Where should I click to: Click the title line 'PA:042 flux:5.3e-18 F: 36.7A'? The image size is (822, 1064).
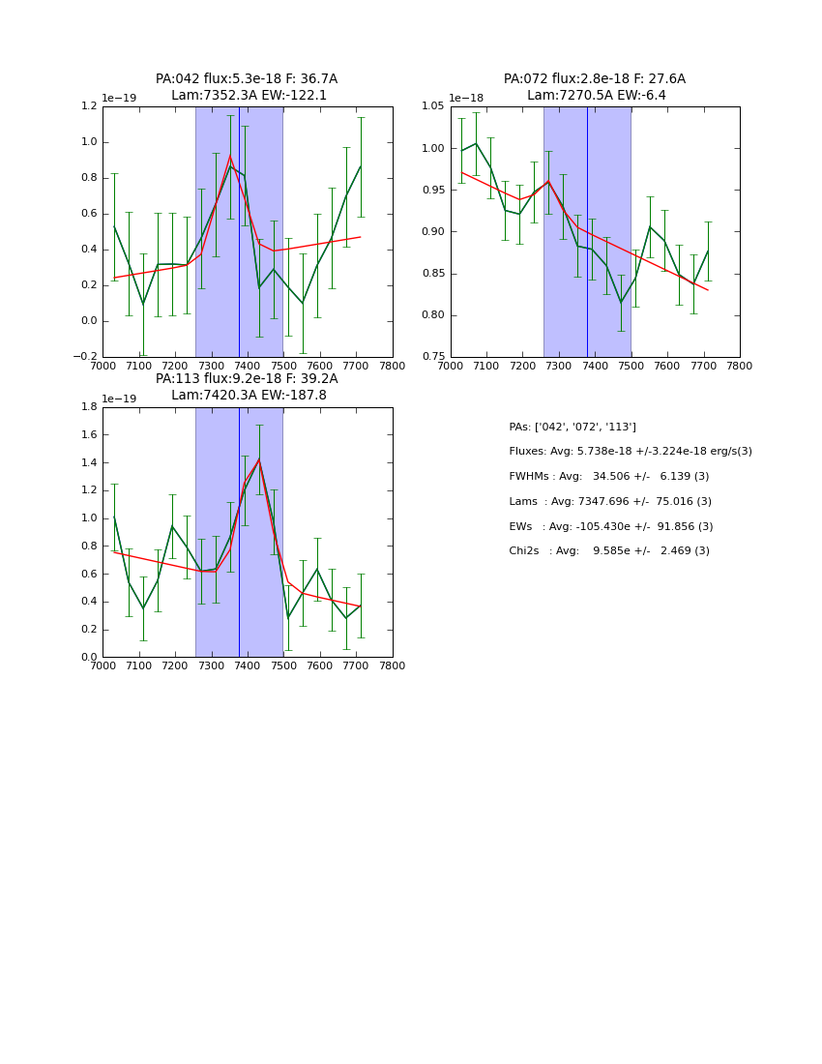point(247,79)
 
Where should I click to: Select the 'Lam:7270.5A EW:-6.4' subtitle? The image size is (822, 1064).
point(596,96)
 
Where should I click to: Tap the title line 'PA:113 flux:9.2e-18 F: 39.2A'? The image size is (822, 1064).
point(247,379)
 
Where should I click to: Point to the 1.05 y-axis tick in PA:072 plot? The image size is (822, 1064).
point(431,106)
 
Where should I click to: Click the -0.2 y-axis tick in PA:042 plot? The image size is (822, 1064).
point(85,357)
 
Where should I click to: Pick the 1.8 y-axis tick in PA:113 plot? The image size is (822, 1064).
point(89,407)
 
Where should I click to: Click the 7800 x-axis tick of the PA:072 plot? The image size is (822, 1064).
point(740,366)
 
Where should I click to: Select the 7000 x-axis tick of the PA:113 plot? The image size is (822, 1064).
point(103,665)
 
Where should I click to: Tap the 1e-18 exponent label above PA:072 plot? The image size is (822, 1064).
point(466,98)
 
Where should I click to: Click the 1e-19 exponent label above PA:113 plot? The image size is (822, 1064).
point(119,399)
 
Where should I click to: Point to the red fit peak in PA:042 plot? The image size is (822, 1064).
point(230,157)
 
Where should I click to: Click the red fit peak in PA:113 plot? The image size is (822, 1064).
point(258,459)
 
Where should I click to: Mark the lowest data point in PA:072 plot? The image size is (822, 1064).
point(621,303)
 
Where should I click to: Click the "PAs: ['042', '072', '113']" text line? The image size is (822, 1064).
point(572,427)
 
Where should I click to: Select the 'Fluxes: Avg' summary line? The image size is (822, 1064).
point(630,452)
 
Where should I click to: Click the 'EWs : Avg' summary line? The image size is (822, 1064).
point(610,526)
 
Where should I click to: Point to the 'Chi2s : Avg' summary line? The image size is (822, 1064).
point(608,551)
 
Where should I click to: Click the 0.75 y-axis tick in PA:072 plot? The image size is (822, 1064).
point(431,357)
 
